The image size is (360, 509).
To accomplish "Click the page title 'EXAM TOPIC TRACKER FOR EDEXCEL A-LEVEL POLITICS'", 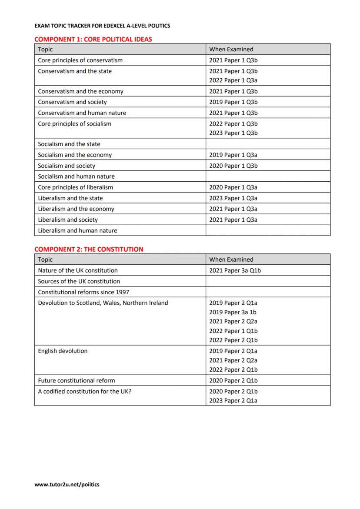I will pyautogui.click(x=102, y=26).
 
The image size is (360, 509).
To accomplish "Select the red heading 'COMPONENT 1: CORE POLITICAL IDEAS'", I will pyautogui.click(x=93, y=39).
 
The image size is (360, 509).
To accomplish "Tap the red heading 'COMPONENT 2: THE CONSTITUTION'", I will pyautogui.click(x=89, y=249).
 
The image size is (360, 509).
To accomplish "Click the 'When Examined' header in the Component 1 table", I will pyautogui.click(x=231, y=50).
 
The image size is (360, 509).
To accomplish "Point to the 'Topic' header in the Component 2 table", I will pyautogui.click(x=45, y=259).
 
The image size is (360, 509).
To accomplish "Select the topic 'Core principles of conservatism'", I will pyautogui.click(x=80, y=60).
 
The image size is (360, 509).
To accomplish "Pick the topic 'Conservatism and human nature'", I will pyautogui.click(x=82, y=113).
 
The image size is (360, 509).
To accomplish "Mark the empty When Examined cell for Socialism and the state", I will pyautogui.click(x=267, y=144).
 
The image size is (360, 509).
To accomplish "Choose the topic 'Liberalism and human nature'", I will pyautogui.click(x=77, y=230).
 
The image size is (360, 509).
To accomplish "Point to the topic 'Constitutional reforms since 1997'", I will pyautogui.click(x=83, y=292).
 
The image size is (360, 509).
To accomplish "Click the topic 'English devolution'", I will pyautogui.click(x=63, y=351).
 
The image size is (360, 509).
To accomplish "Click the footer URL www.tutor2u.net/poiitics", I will pyautogui.click(x=67, y=484).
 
